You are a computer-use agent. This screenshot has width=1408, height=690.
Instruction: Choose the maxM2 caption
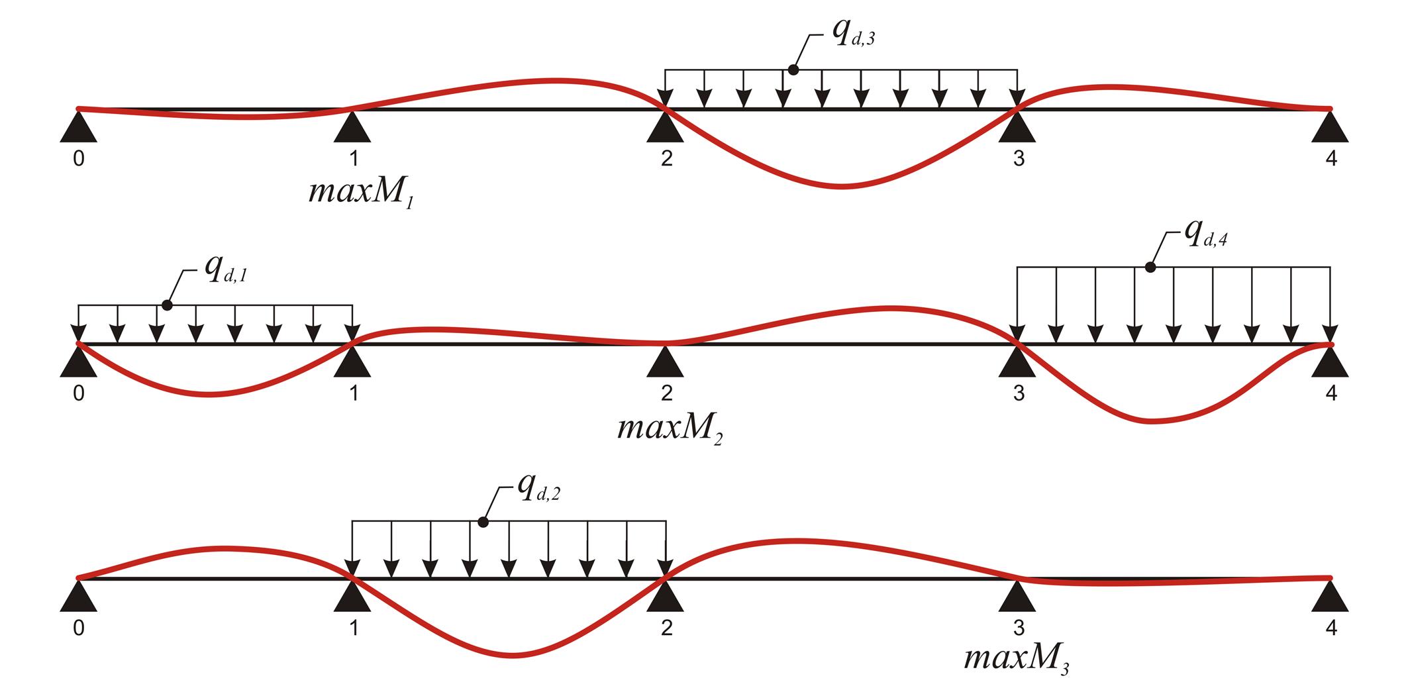[x=670, y=429]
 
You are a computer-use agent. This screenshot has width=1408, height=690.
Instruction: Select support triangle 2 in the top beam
[x=666, y=128]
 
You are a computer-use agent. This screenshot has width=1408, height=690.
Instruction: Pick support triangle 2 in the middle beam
[x=666, y=363]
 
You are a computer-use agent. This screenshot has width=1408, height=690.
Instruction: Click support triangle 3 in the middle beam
[x=1017, y=363]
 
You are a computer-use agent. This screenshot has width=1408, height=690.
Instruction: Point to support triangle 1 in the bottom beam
[x=352, y=597]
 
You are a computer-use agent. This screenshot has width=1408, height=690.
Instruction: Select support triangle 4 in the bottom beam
[x=1330, y=597]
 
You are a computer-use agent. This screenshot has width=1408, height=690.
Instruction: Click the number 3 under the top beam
[x=1019, y=159]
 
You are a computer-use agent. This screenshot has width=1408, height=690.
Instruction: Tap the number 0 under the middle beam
[x=79, y=393]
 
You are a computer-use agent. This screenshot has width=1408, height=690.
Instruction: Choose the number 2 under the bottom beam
[x=666, y=628]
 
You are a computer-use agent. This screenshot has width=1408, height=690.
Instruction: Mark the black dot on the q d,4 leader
[x=1150, y=267]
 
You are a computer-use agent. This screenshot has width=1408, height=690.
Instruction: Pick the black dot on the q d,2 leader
[x=483, y=522]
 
